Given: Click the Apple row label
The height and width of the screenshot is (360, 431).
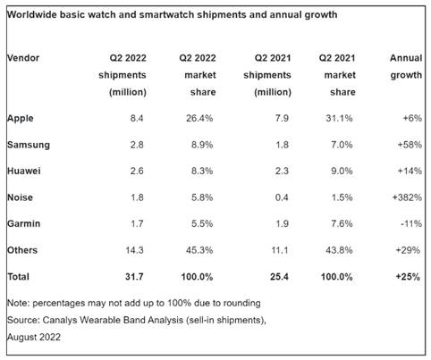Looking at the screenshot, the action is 21,119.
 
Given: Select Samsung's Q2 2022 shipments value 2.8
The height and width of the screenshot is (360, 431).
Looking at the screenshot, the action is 137,145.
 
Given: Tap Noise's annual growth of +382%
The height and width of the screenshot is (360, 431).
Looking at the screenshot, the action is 407,197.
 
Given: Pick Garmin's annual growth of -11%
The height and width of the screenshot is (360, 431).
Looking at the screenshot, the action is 411,223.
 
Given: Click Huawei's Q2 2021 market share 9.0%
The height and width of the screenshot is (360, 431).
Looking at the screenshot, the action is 342,171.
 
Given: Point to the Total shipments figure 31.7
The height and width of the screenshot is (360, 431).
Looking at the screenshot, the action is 134,277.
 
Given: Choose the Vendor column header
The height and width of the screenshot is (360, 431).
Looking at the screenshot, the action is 23,58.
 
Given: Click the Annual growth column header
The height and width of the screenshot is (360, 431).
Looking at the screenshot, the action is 406,66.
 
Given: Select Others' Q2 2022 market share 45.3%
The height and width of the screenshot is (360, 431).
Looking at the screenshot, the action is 199,250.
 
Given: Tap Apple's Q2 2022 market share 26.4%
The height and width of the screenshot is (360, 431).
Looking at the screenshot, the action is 199,119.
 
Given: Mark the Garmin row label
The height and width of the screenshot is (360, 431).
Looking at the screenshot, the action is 23,223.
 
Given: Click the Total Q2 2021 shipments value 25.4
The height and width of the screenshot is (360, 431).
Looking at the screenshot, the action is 279,277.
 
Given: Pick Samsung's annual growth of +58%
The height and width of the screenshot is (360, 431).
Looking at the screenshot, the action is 410,145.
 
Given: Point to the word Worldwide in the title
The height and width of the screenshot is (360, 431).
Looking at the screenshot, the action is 30,14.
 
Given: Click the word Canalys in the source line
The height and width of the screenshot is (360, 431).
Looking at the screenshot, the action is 60,320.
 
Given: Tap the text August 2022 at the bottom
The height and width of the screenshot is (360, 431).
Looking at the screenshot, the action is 34,337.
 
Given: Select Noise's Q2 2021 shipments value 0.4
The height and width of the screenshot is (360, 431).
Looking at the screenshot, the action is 282,197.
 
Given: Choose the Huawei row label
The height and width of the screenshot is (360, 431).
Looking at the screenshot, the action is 24,171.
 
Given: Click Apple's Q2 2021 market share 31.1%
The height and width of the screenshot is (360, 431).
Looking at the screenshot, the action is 339,119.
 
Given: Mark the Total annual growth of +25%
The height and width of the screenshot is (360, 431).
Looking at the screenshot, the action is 408,277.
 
